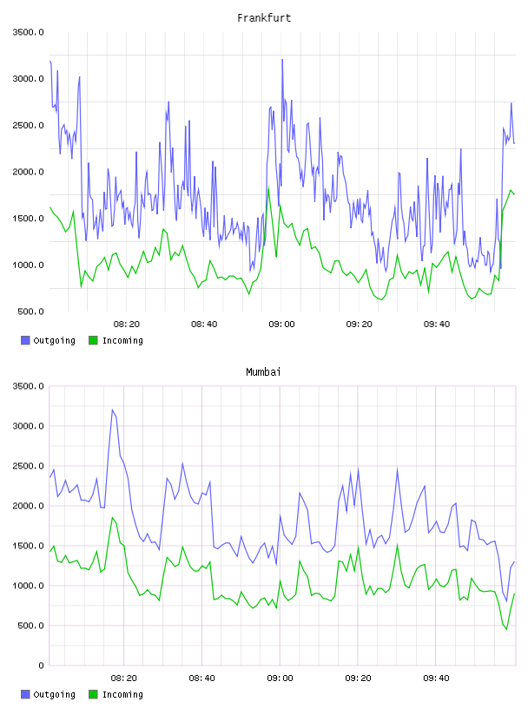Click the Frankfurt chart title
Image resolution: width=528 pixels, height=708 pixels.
pos(264,18)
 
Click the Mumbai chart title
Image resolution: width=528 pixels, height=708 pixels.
pos(263,372)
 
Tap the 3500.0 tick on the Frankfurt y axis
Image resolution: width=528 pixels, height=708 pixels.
pos(29,32)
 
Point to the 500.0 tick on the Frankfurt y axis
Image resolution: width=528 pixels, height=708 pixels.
pos(31,311)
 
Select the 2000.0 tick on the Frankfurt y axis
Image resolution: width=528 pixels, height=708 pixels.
pos(29,172)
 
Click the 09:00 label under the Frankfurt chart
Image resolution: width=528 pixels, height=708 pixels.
pos(281,324)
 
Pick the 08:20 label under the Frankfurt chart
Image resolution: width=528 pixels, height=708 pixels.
pos(127,324)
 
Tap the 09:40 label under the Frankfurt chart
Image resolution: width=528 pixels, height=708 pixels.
pos(437,324)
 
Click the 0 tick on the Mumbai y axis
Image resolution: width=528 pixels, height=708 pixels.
pos(41,665)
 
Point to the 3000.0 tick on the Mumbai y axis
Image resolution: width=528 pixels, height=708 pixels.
pos(29,426)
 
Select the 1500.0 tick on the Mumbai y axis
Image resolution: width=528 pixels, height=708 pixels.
pos(29,546)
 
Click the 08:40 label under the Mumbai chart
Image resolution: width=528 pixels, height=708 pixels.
pos(201,678)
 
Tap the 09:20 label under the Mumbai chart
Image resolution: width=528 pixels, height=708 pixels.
pos(358,678)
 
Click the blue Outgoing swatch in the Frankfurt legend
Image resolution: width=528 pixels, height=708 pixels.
pos(25,340)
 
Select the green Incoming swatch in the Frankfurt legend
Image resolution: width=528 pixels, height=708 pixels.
pos(93,340)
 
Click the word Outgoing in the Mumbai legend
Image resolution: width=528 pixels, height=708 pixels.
pos(54,694)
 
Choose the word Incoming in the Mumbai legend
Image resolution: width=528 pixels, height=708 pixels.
pos(122,694)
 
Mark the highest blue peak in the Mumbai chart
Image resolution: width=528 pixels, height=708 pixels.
pos(113,410)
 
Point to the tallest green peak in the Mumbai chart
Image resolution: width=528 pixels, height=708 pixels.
pos(113,517)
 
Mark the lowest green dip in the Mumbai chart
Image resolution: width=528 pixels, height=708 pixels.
pos(507,629)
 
